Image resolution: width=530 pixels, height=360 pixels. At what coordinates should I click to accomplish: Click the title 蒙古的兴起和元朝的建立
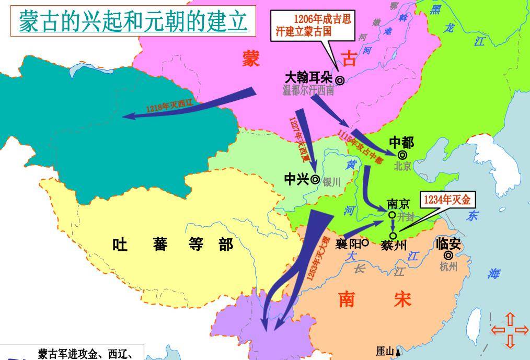133,21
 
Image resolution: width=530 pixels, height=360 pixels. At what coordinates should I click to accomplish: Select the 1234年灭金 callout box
447,200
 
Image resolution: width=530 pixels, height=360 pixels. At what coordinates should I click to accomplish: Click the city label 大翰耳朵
308,78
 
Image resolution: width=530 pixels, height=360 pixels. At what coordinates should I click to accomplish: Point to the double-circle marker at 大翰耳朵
340,80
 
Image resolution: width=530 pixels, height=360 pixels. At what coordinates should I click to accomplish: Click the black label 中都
401,142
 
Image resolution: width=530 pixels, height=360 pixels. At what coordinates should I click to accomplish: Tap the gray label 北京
402,167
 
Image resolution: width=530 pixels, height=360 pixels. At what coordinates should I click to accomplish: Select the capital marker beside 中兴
315,179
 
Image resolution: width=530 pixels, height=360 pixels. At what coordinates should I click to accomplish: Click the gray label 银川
331,182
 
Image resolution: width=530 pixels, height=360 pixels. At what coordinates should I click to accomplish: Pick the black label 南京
398,204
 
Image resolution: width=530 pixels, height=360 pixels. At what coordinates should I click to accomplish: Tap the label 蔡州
394,245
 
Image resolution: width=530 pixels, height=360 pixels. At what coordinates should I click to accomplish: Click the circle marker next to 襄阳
365,242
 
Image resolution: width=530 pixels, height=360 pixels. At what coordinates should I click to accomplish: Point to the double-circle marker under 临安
448,256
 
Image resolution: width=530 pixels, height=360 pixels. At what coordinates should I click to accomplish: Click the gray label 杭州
448,267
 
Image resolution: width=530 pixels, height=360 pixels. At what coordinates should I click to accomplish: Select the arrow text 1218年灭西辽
169,106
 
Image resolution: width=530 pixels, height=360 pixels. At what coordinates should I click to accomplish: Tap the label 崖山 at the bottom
385,352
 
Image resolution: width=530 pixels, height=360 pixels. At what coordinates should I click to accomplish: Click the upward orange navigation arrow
510,318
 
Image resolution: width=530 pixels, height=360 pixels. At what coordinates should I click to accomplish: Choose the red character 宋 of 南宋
402,300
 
